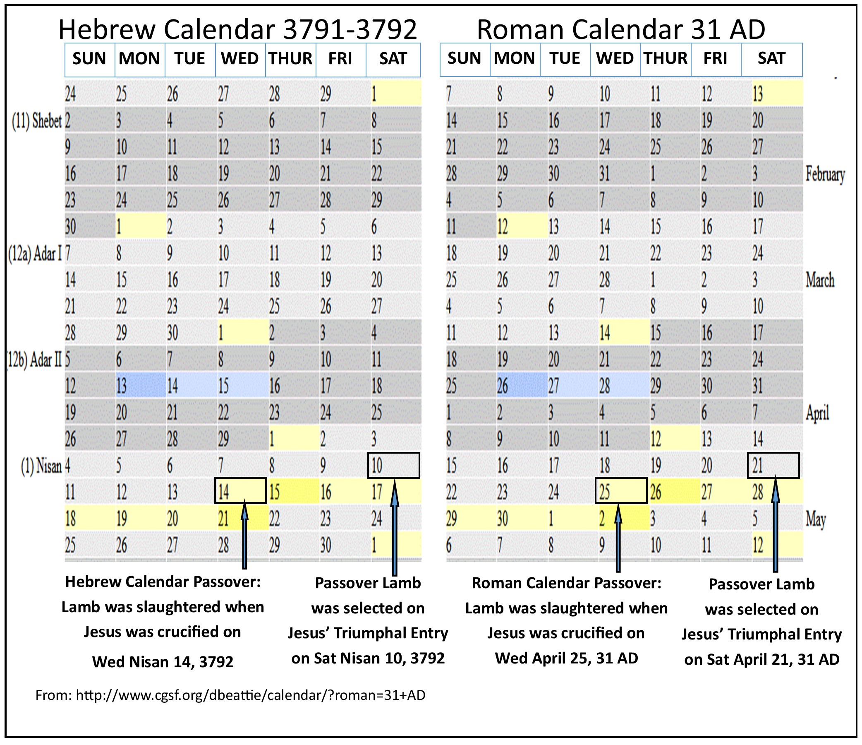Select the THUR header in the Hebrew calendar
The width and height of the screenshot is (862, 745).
click(290, 59)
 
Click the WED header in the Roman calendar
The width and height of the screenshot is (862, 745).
click(615, 58)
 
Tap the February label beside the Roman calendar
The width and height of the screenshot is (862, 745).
click(825, 174)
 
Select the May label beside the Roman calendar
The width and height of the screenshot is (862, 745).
click(815, 519)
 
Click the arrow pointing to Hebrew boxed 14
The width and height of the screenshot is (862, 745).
click(244, 537)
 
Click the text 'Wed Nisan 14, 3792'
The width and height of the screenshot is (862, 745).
click(163, 661)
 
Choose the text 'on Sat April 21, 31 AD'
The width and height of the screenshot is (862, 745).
click(761, 659)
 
